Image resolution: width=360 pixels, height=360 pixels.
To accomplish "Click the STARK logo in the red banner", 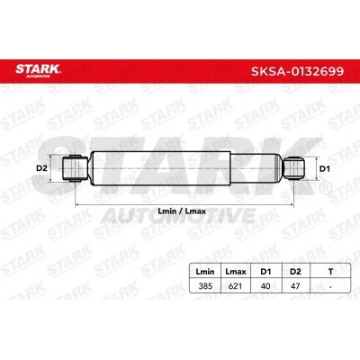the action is pyautogui.click(x=38, y=71).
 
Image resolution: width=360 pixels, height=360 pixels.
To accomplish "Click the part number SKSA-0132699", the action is pyautogui.click(x=297, y=71).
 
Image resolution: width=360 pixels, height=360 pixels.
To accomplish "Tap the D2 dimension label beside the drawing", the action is pyautogui.click(x=41, y=168).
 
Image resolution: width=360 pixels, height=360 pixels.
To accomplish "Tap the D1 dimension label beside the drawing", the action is pyautogui.click(x=324, y=169).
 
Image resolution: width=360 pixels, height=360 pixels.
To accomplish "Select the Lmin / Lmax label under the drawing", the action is pyautogui.click(x=182, y=211).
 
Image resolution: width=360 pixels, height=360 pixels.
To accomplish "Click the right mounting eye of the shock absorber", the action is pyautogui.click(x=294, y=168).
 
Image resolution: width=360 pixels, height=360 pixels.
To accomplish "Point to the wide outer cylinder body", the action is pyautogui.click(x=160, y=168).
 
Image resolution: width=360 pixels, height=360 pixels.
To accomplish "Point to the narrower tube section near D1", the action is pyautogui.click(x=256, y=168).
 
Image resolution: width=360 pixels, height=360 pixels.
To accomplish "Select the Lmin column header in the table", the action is pyautogui.click(x=205, y=272).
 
